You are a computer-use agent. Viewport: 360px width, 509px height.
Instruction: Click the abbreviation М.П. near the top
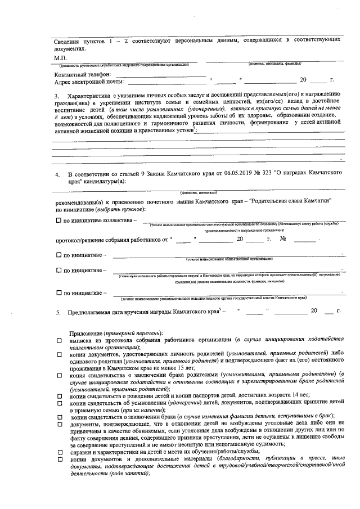(61, 58)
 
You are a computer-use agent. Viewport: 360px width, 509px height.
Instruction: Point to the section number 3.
(57, 94)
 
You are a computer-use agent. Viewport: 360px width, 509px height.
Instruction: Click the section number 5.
(57, 311)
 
